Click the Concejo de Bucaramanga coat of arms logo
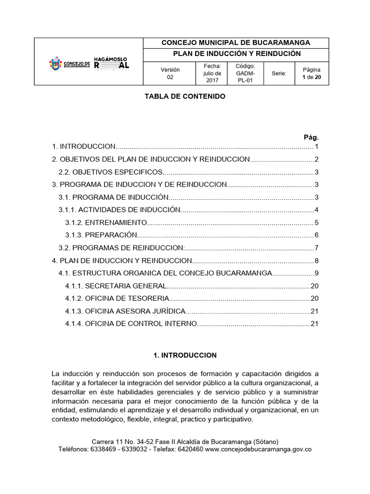pyautogui.click(x=56, y=64)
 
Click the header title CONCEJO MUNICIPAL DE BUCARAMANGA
pyautogui.click(x=236, y=43)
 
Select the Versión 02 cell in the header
pyautogui.click(x=170, y=73)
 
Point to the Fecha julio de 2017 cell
pyautogui.click(x=212, y=73)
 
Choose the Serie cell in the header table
pyautogui.click(x=279, y=74)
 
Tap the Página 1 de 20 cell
pyautogui.click(x=311, y=73)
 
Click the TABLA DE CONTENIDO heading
pyautogui.click(x=185, y=96)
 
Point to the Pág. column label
pyautogui.click(x=311, y=137)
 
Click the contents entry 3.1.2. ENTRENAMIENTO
pyautogui.click(x=106, y=222)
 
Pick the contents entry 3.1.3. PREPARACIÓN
pyautogui.click(x=102, y=235)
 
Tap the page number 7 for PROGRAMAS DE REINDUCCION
pyautogui.click(x=317, y=248)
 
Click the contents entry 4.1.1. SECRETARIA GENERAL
pyautogui.click(x=116, y=286)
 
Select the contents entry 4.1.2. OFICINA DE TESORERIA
pyautogui.click(x=117, y=298)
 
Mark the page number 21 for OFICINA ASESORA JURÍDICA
pyautogui.click(x=315, y=311)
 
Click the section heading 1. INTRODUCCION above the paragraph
pyautogui.click(x=185, y=356)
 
